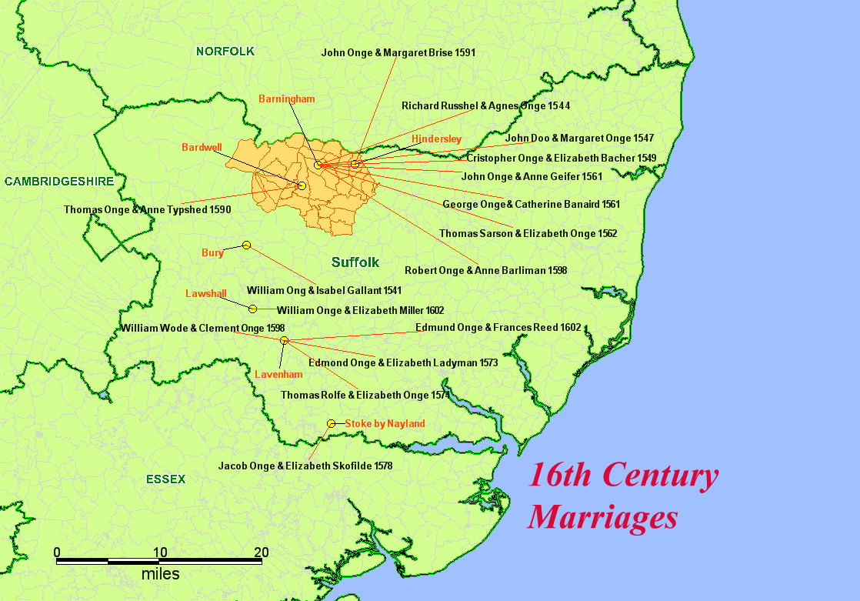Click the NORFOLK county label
[225, 52]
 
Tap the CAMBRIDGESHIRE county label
[58, 182]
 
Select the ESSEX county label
[165, 479]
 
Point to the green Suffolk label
[355, 262]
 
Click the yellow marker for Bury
[246, 245]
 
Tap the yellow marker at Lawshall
[252, 309]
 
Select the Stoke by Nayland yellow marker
[331, 423]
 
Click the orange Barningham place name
[286, 99]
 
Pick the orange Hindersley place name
[436, 139]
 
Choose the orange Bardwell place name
[202, 147]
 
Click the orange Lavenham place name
[278, 375]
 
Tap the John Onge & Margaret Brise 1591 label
[398, 53]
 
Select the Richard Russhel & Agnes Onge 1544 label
[485, 105]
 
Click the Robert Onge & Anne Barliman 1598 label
[485, 271]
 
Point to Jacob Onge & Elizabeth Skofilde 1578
[305, 466]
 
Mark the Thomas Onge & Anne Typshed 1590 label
[147, 209]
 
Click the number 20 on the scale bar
[262, 552]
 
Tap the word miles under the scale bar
[160, 575]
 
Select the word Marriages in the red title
[602, 516]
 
